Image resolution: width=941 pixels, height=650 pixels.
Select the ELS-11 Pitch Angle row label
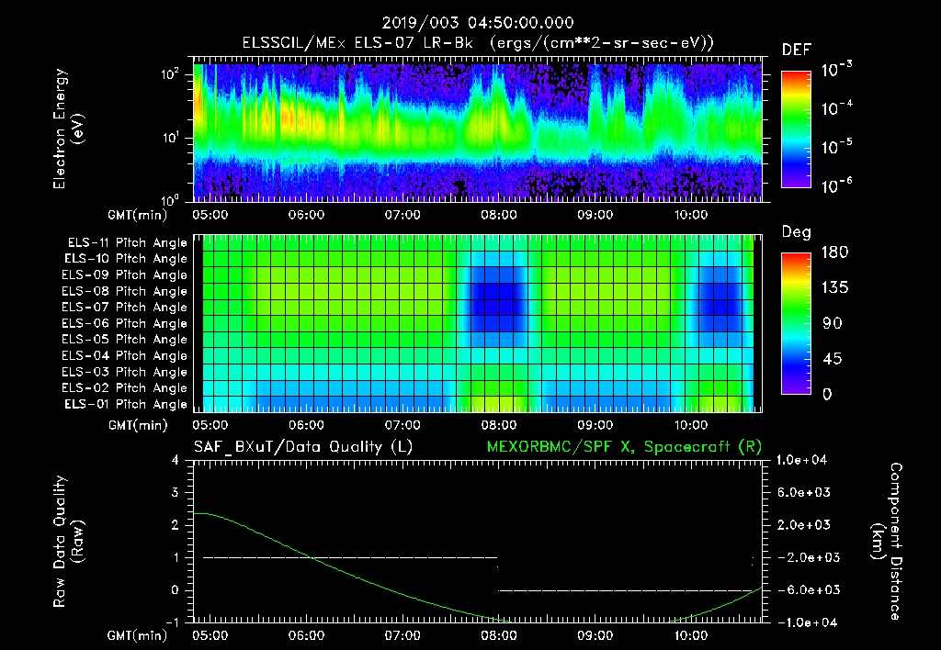127,243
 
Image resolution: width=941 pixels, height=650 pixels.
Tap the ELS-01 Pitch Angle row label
127,404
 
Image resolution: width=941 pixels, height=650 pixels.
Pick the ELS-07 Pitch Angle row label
127,308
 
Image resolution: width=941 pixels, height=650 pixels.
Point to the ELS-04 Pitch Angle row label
127,356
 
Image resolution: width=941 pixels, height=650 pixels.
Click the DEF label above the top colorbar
795,50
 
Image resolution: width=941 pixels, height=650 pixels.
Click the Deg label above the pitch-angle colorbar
796,232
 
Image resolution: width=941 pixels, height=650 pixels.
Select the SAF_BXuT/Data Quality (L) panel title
303,446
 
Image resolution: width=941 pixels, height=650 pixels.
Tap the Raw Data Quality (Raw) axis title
68,541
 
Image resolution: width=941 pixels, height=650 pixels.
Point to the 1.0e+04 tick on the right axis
804,460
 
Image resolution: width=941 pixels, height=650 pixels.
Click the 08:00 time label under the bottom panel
498,634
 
